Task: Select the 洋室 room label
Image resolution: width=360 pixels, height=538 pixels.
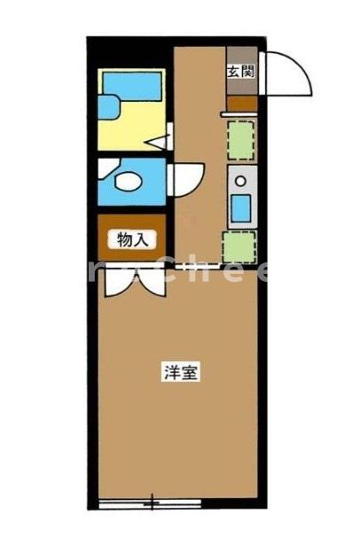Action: pyautogui.click(x=179, y=373)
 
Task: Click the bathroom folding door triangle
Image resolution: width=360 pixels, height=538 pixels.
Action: pyautogui.click(x=160, y=139)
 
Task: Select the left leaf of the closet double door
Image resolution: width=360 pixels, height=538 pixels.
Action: pyautogui.click(x=113, y=281)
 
